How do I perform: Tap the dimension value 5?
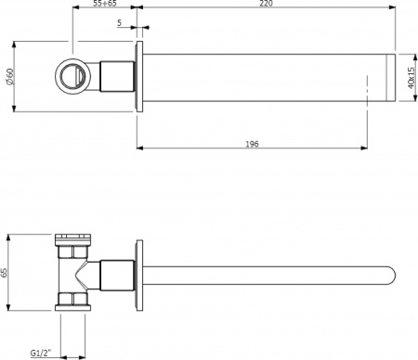click(x=120, y=24)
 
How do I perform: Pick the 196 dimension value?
click(x=252, y=144)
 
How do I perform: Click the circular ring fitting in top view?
click(x=72, y=73)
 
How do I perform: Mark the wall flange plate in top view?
click(x=139, y=76)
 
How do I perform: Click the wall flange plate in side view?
click(x=139, y=274)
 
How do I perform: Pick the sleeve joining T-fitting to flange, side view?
click(x=116, y=274)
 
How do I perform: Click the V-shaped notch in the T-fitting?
click(x=85, y=274)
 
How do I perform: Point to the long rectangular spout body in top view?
click(x=260, y=76)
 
